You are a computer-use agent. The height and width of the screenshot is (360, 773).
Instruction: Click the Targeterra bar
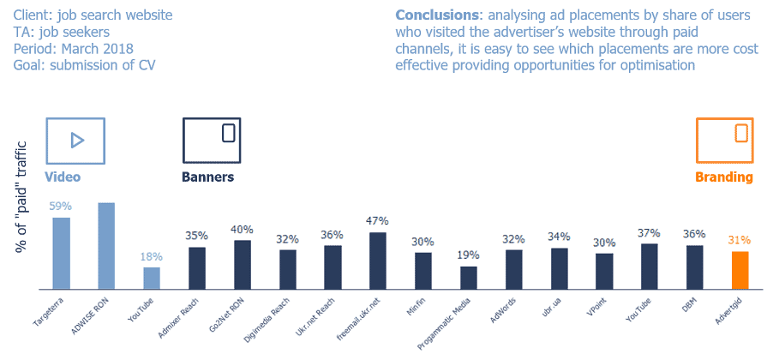(62, 254)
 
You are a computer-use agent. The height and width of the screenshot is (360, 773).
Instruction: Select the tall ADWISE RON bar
(106, 247)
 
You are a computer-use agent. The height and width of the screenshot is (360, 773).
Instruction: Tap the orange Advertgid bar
(740, 271)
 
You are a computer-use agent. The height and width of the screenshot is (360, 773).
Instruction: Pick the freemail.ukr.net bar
(377, 261)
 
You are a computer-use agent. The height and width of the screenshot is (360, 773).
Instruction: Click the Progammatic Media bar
(468, 279)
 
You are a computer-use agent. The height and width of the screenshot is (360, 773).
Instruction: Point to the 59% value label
(62, 207)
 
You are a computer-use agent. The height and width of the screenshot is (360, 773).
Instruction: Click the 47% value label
(377, 221)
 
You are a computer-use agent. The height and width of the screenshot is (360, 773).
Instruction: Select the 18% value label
(152, 256)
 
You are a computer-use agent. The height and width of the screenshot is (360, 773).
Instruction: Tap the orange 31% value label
(740, 241)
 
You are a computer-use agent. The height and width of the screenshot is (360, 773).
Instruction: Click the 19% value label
(468, 255)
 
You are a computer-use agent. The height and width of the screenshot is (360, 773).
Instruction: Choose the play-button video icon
(75, 140)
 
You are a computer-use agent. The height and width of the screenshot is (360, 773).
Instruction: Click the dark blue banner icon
(211, 140)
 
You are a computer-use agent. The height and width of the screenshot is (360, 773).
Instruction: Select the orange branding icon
(724, 140)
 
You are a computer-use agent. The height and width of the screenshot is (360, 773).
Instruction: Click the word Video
(63, 177)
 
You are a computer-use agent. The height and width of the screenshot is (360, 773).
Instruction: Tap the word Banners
(207, 177)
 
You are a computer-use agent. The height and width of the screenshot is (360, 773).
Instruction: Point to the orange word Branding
(724, 177)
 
